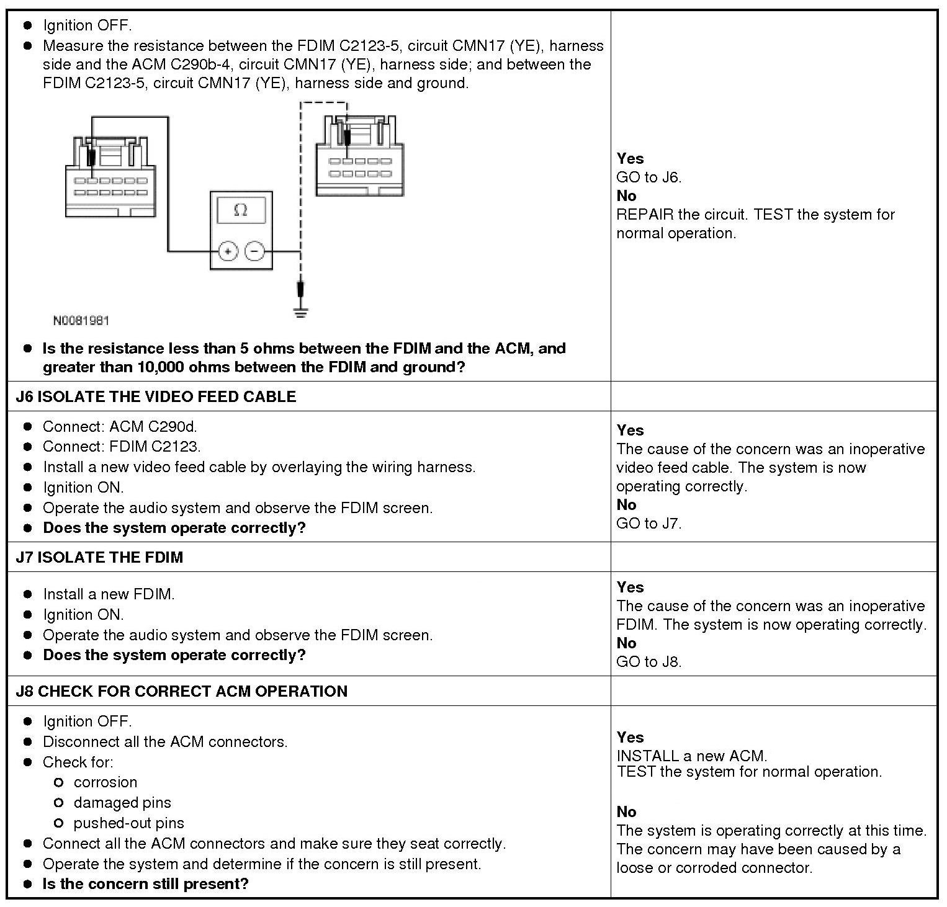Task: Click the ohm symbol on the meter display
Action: pos(241,210)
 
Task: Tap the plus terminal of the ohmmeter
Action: pos(228,251)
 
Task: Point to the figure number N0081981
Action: pos(81,321)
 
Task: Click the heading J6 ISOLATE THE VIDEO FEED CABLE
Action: pos(156,397)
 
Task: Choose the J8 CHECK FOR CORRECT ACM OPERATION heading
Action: pos(181,691)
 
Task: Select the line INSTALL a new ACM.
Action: pos(692,756)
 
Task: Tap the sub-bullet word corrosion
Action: pos(105,782)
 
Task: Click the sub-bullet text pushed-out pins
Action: pos(129,823)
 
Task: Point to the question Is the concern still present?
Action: pos(145,884)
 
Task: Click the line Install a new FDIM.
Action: pos(109,594)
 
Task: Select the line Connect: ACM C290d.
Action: pos(120,427)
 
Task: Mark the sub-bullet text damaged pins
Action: pos(122,803)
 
